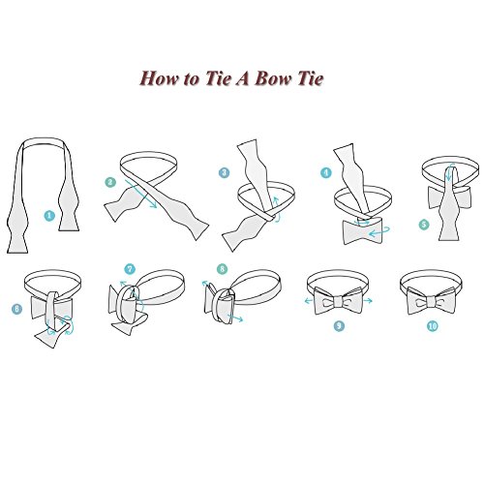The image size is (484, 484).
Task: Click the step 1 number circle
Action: pyautogui.click(x=49, y=216)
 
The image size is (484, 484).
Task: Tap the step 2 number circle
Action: pyautogui.click(x=110, y=182)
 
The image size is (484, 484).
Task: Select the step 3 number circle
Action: pyautogui.click(x=224, y=172)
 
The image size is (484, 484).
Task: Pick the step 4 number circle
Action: pyautogui.click(x=326, y=172)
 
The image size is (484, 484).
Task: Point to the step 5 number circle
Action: pyautogui.click(x=424, y=225)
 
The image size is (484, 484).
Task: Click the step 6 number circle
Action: pyautogui.click(x=16, y=309)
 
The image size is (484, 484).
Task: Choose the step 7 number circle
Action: pyautogui.click(x=130, y=269)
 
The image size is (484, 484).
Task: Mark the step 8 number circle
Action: pyautogui.click(x=222, y=269)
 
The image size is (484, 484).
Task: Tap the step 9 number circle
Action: pyautogui.click(x=339, y=326)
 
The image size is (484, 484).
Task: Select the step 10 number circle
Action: pyautogui.click(x=433, y=326)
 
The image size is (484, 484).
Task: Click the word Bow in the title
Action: pyautogui.click(x=272, y=78)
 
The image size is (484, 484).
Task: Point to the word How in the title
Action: pyautogui.click(x=160, y=78)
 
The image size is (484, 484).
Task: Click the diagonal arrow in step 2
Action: pyautogui.click(x=140, y=194)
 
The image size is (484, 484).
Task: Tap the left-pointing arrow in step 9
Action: pyautogui.click(x=309, y=301)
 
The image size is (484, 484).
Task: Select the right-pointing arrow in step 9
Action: pyautogui.click(x=368, y=301)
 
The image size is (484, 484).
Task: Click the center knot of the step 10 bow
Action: pyautogui.click(x=432, y=303)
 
